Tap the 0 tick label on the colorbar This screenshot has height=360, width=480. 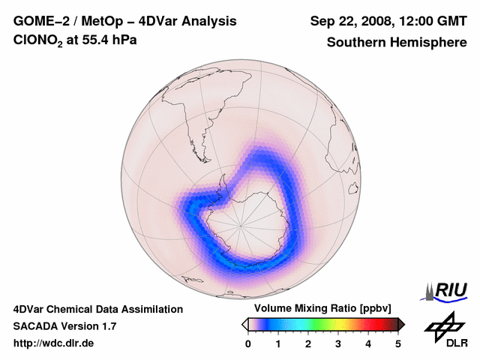point(248,343)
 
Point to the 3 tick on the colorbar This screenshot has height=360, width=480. point(338,343)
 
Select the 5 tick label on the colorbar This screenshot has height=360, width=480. point(398,343)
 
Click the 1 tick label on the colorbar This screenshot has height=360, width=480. point(278,343)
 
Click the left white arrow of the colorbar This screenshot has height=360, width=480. point(245,324)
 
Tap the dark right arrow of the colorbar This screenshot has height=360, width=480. point(401,324)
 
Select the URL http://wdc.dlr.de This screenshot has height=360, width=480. point(54,343)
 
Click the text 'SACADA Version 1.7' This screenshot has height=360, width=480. point(64,326)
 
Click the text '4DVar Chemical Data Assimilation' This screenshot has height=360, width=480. point(98,309)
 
